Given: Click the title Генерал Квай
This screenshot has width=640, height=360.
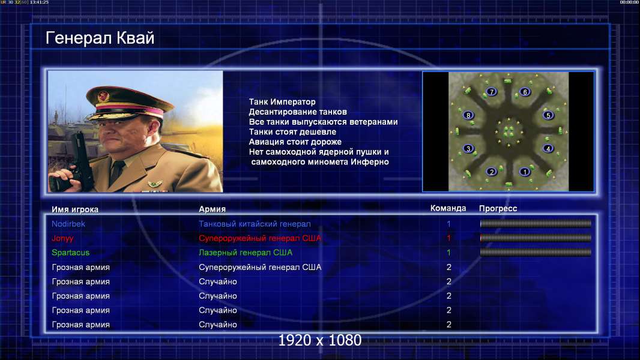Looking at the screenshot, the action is pos(100,38).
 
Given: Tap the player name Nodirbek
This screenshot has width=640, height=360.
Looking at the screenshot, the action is pos(68,224).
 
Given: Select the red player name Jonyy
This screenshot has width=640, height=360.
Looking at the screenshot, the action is pos(62,239).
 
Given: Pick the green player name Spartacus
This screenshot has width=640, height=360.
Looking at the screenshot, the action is pos(70,253).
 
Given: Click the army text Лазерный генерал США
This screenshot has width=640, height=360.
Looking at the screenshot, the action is pos(246,253).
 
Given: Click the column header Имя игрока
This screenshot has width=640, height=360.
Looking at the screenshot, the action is pos(74,209).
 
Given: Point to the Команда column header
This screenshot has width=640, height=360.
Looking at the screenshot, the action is pos(448,208).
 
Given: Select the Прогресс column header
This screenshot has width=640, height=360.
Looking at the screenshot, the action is pos(498,209).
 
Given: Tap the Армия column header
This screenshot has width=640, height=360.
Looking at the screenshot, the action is pos(212,209).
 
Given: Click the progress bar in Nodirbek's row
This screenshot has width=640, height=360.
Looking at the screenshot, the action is pos(536,223).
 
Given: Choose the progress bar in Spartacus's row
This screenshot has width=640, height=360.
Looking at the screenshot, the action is pos(536,253).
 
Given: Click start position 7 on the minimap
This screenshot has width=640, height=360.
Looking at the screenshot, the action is pos(492,92).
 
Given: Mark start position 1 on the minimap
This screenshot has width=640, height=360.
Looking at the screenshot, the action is pos(525,172).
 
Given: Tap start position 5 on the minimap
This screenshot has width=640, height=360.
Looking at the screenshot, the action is pos(548,115).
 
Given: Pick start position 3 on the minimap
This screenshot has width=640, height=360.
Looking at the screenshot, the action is pos(468,148).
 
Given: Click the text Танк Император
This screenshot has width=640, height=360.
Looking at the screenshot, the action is pos(282,102).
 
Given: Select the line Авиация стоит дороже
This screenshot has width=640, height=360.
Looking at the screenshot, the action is pos(295,142).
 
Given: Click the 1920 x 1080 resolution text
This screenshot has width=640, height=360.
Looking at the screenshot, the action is pos(320,340).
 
